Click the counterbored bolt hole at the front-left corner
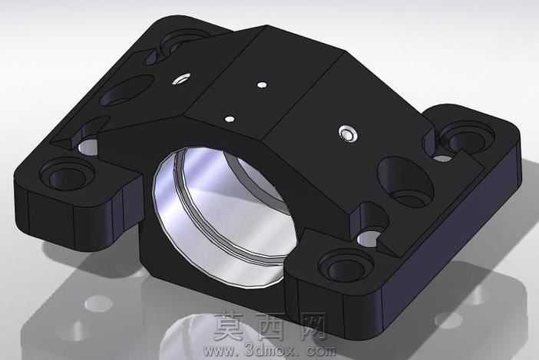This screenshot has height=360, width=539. click(67, 176)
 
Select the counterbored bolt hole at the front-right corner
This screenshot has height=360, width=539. click(346, 266)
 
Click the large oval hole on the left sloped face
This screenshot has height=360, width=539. click(127, 90)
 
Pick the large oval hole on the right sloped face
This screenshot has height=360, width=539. click(405, 181)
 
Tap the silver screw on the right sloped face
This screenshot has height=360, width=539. click(349, 134)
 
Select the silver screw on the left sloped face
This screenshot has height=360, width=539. click(181, 78)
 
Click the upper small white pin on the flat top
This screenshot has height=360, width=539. click(262, 84)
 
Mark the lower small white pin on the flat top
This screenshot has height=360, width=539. click(230, 119)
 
